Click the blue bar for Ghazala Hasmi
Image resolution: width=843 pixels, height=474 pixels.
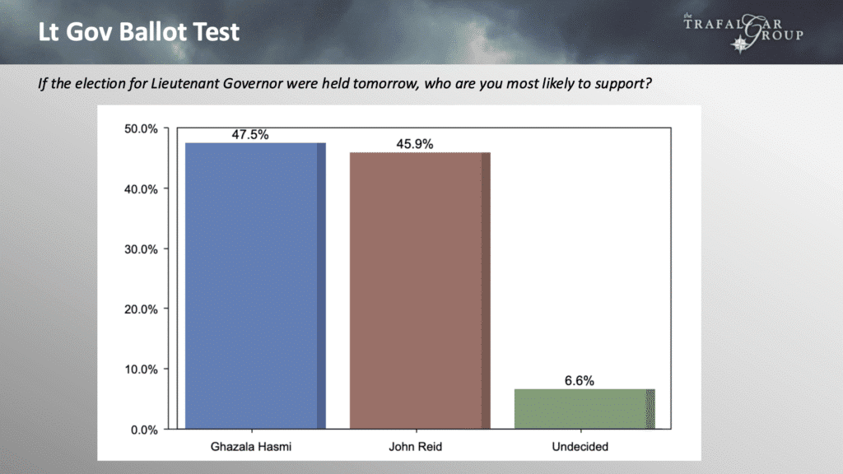(255, 286)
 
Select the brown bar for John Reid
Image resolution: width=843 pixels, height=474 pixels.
(420, 290)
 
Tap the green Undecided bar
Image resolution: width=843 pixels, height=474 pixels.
(585, 409)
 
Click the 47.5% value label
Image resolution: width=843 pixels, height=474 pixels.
(250, 134)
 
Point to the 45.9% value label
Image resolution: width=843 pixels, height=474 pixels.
(415, 144)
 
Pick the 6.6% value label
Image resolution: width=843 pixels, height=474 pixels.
(579, 381)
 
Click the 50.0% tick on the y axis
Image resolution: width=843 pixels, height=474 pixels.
(141, 129)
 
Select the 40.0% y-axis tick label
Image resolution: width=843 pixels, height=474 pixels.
(141, 189)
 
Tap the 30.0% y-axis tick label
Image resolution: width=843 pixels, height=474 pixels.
(141, 249)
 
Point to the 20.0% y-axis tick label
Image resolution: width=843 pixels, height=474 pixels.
(141, 309)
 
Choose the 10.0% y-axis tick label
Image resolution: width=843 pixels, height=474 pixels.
(141, 369)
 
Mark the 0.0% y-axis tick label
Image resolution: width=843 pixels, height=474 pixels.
(144, 430)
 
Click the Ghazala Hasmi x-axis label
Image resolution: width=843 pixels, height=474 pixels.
(251, 447)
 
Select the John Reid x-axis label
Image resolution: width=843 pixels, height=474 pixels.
(416, 447)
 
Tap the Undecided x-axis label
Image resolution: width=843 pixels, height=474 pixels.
(580, 447)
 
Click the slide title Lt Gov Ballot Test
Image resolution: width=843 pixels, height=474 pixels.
(138, 32)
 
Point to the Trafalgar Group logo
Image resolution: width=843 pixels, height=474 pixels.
(743, 32)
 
